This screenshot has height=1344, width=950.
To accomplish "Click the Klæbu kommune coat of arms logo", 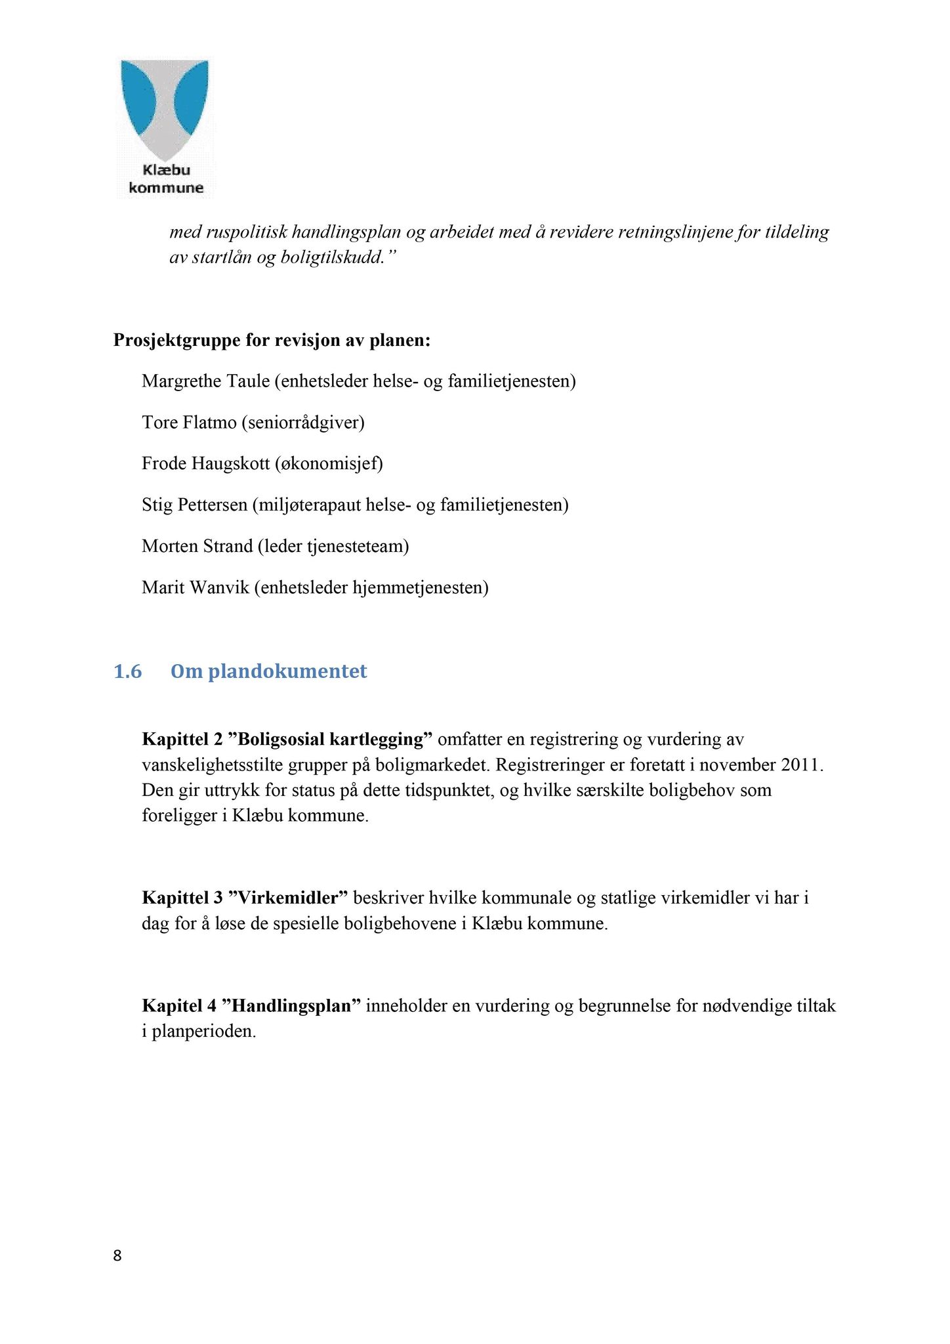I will pos(165,128).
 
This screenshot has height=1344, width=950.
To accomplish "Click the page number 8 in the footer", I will pos(117,1255).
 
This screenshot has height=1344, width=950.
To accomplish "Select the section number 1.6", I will pos(128,671).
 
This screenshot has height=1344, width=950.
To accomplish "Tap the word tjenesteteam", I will pos(356,546).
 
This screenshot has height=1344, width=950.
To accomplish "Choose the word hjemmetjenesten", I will pos(419,587).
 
